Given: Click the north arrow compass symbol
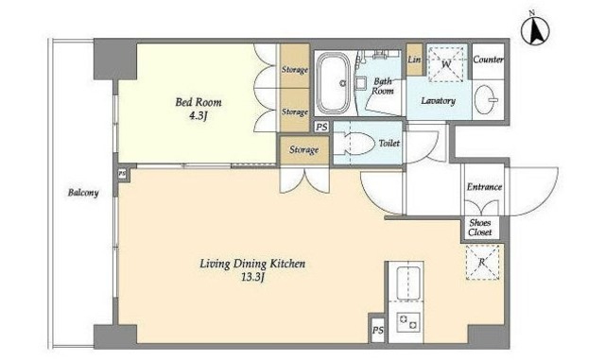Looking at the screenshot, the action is pyautogui.click(x=536, y=30).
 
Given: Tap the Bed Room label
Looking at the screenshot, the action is pyautogui.click(x=199, y=102).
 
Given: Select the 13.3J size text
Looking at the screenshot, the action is pyautogui.click(x=252, y=277).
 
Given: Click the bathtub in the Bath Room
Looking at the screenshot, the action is pyautogui.click(x=334, y=83).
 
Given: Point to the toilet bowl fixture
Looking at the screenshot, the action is pyautogui.click(x=354, y=144).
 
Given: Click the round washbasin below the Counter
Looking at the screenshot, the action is pyautogui.click(x=485, y=100).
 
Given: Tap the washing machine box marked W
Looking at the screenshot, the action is pyautogui.click(x=446, y=64).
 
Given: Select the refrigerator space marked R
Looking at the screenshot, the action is pyautogui.click(x=482, y=263).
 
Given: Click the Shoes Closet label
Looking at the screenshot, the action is pyautogui.click(x=480, y=228).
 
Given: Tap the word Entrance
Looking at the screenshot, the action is pyautogui.click(x=484, y=187).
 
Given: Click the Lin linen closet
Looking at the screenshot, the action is pyautogui.click(x=414, y=60).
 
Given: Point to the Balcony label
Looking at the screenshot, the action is pyautogui.click(x=83, y=193).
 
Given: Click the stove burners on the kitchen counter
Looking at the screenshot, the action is pyautogui.click(x=408, y=322).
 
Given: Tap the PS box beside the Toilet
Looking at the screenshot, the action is pyautogui.click(x=321, y=127).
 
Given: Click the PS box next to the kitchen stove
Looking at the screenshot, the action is pyautogui.click(x=378, y=330).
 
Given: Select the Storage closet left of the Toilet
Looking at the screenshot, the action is pyautogui.click(x=304, y=149).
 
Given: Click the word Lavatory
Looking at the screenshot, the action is pyautogui.click(x=438, y=101).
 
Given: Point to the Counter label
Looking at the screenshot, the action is pyautogui.click(x=488, y=60).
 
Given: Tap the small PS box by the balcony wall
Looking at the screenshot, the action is pyautogui.click(x=122, y=174).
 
